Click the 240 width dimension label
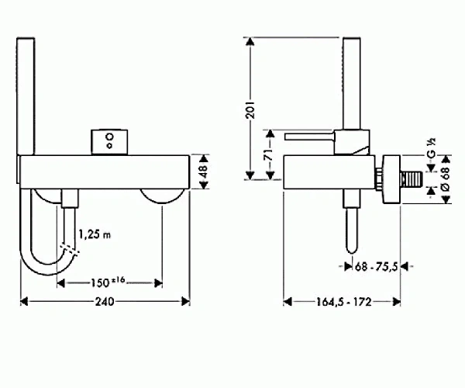tap(105, 302)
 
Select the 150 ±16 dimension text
tap(108, 282)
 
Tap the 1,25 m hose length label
tap(95, 234)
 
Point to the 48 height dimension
tap(204, 171)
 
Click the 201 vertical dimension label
tap(250, 110)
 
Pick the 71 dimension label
tap(268, 154)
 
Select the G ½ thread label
tap(432, 147)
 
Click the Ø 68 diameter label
tap(446, 178)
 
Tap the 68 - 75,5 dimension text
tap(376, 267)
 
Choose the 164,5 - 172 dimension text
tap(343, 302)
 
